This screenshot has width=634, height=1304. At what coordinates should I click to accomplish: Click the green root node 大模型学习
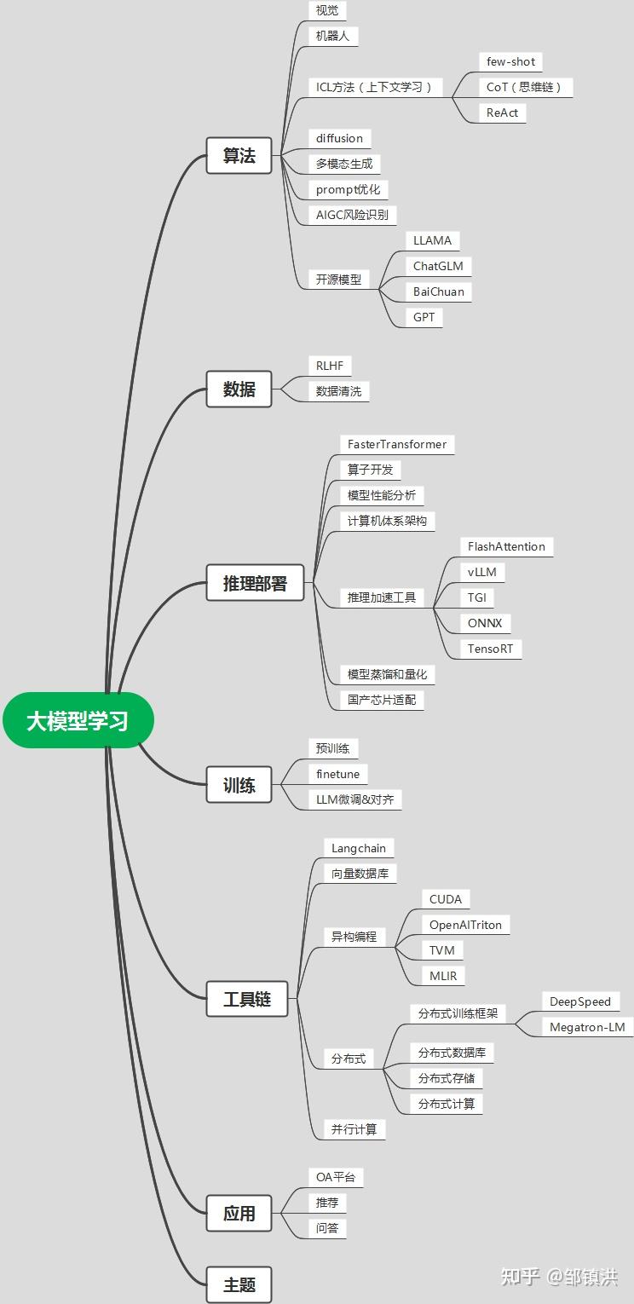pyautogui.click(x=78, y=720)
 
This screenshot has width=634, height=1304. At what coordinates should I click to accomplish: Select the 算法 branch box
pyautogui.click(x=239, y=156)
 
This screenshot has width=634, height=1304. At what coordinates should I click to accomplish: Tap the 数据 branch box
pyautogui.click(x=239, y=389)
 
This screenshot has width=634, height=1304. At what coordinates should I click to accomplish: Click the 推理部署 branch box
pyautogui.click(x=255, y=584)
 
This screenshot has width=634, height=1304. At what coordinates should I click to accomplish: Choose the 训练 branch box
pyautogui.click(x=239, y=785)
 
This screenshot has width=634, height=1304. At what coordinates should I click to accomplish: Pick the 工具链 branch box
pyautogui.click(x=247, y=999)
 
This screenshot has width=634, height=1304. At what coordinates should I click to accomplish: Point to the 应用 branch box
pyautogui.click(x=239, y=1213)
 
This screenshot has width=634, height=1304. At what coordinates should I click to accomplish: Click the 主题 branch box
pyautogui.click(x=239, y=1284)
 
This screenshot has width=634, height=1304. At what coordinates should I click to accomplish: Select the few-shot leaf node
pyautogui.click(x=510, y=61)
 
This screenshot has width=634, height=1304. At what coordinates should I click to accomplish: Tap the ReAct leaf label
pyautogui.click(x=502, y=113)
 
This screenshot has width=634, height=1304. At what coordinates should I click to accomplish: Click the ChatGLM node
pyautogui.click(x=437, y=266)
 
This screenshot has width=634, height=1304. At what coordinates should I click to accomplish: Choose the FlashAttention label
pyautogui.click(x=506, y=546)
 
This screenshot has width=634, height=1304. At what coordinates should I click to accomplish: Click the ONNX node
pyautogui.click(x=485, y=623)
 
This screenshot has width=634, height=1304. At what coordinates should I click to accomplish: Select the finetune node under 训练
pyautogui.click(x=337, y=774)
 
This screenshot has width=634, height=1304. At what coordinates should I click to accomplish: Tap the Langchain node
pyautogui.click(x=359, y=848)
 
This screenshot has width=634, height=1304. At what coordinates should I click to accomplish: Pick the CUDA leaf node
pyautogui.click(x=446, y=899)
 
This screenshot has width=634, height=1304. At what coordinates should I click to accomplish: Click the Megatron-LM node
pyautogui.click(x=587, y=1027)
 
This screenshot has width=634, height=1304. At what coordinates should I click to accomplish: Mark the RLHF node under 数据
pyautogui.click(x=329, y=366)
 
